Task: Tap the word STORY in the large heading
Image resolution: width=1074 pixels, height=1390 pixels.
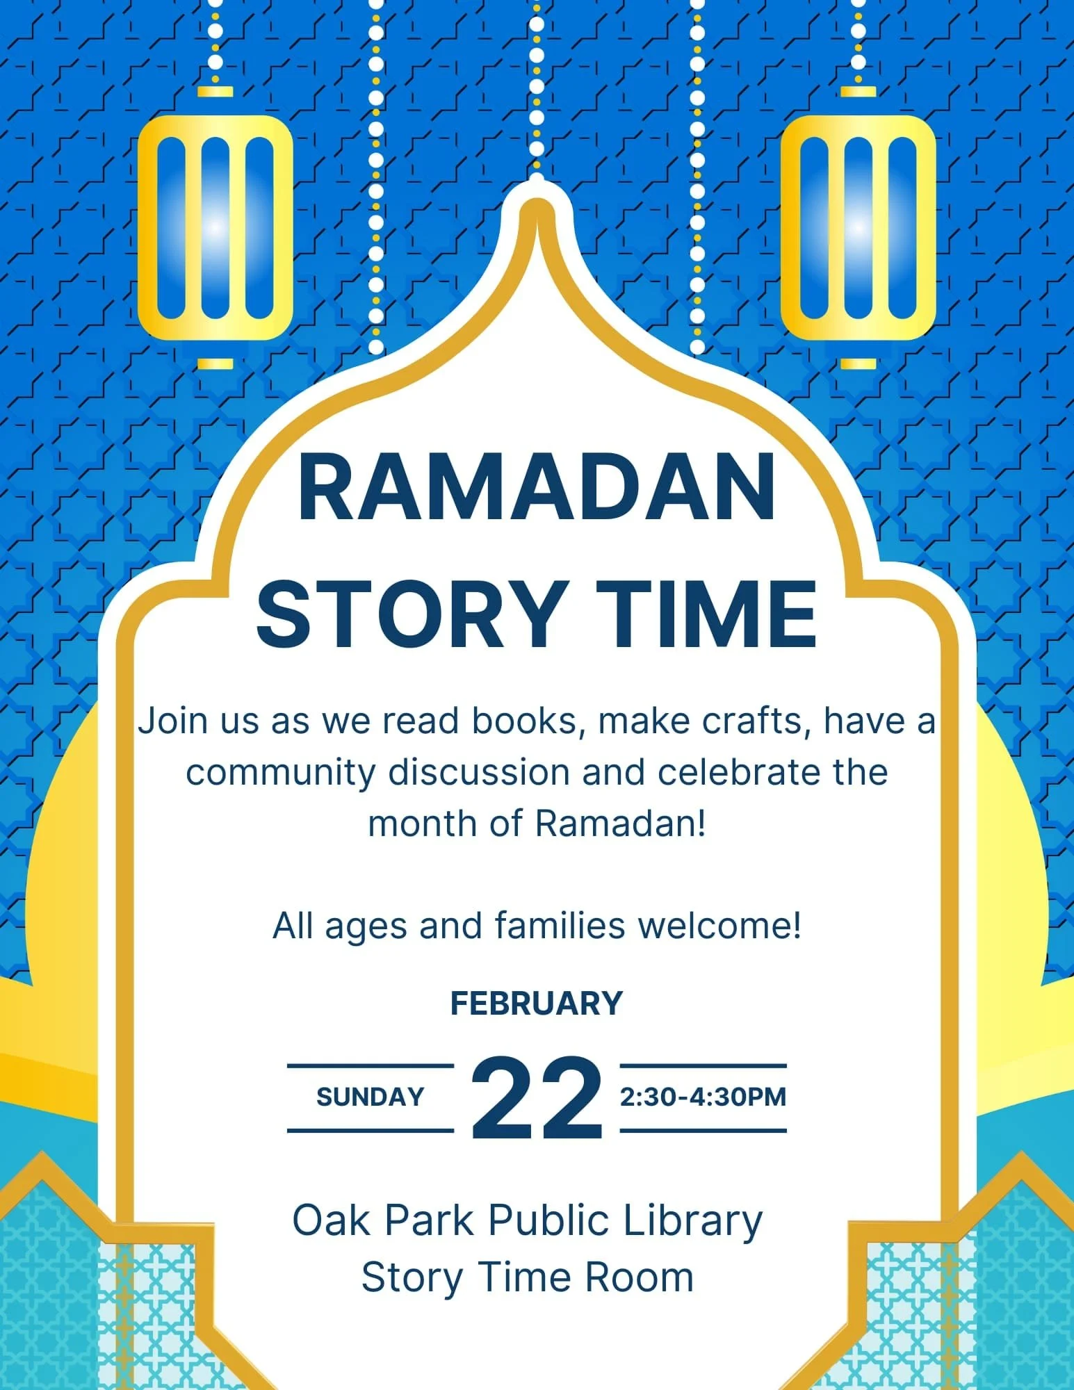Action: coord(411,614)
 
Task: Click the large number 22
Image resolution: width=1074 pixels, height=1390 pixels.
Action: coord(537,1098)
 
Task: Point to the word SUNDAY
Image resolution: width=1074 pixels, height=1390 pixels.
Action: coord(370,1097)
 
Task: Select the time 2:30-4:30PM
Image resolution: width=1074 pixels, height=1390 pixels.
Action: coord(703,1097)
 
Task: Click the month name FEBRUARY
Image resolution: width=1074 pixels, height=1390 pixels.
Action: coord(537,1003)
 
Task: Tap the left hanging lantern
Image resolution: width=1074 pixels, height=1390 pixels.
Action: coord(215,227)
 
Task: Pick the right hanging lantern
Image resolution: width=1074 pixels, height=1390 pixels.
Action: coord(858,227)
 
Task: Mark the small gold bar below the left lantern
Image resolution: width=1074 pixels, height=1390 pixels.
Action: coord(215,363)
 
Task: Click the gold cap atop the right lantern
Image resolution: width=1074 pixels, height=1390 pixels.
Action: coord(858,91)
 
